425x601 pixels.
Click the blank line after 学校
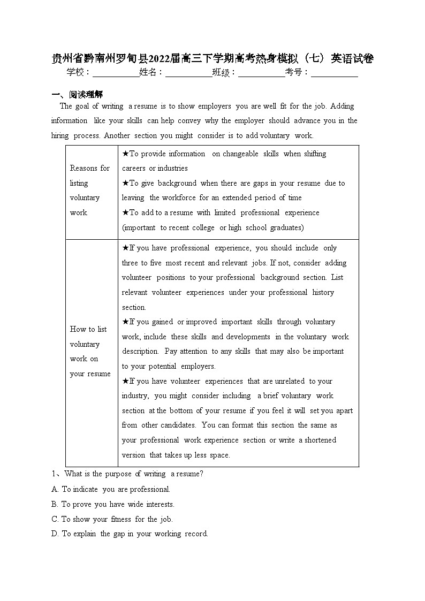(x=116, y=73)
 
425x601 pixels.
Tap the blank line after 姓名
(x=188, y=73)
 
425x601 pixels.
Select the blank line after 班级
(x=261, y=73)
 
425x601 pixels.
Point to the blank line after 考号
(x=335, y=73)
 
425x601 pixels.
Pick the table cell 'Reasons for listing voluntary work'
(x=90, y=191)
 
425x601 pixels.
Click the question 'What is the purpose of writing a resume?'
(x=127, y=474)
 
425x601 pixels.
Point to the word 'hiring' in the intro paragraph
(x=60, y=136)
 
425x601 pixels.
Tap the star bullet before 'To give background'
(x=125, y=183)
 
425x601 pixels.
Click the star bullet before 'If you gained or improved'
(x=125, y=322)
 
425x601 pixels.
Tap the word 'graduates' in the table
(x=287, y=227)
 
